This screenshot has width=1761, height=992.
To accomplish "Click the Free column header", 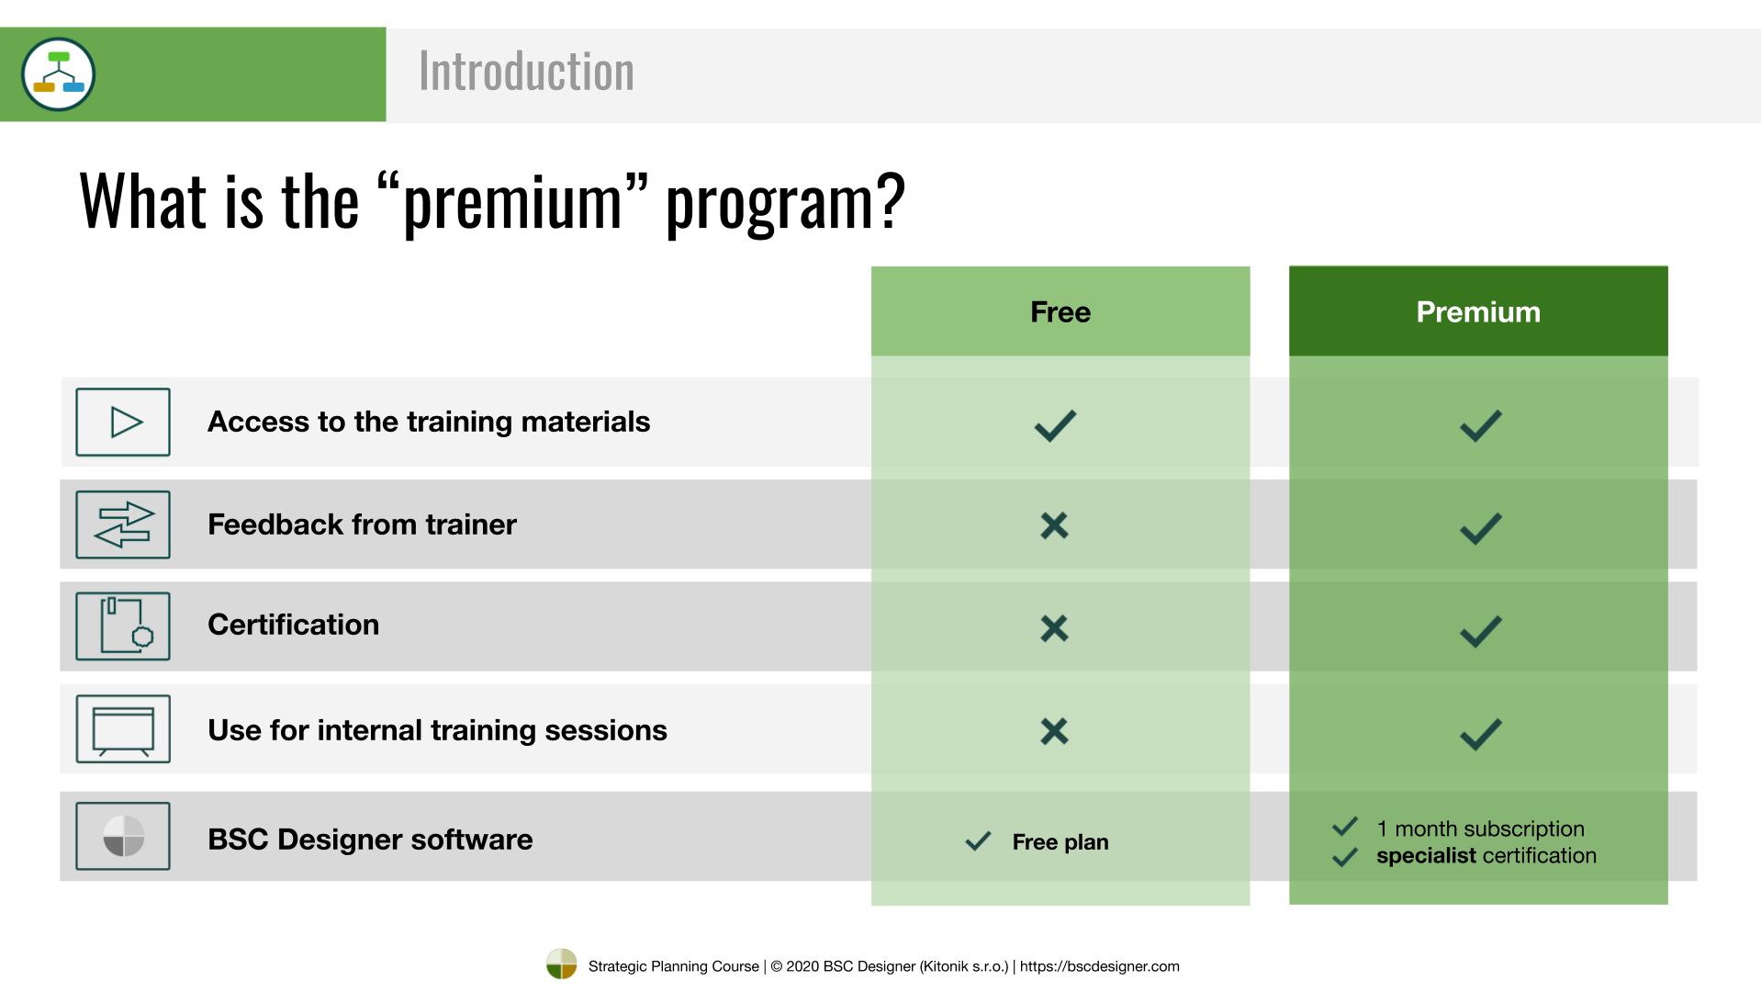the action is point(1060,311).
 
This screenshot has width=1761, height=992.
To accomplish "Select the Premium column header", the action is point(1478,311).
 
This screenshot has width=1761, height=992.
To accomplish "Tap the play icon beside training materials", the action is point(123,423).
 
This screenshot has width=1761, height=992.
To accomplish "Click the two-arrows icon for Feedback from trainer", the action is point(123,524).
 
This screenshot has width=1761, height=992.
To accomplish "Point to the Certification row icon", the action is point(123,626).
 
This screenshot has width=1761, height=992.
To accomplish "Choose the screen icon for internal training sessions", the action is point(123,729).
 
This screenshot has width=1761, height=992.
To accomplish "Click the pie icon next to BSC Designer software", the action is point(123,836).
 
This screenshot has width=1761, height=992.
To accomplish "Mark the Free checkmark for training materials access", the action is point(1055,425).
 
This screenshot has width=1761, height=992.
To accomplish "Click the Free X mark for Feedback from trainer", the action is point(1055,525).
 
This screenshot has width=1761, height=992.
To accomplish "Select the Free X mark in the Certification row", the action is point(1055,628).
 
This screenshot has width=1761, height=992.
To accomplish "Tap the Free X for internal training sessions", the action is point(1055,731).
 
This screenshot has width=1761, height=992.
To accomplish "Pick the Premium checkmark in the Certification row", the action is point(1481,631).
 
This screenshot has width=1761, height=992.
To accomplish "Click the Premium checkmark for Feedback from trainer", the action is point(1481,528).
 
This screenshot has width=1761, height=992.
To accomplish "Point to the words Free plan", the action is point(1060,842).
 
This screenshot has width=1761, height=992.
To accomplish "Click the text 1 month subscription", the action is point(1480,829).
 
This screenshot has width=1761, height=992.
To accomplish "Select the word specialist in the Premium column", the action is point(1426,856).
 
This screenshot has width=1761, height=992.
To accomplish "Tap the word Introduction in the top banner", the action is point(526,72).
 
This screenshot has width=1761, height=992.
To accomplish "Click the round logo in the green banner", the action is point(59,74).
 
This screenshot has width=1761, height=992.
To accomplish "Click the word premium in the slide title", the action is point(512,204).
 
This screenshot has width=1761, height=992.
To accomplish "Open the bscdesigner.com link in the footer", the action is point(1100,966).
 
